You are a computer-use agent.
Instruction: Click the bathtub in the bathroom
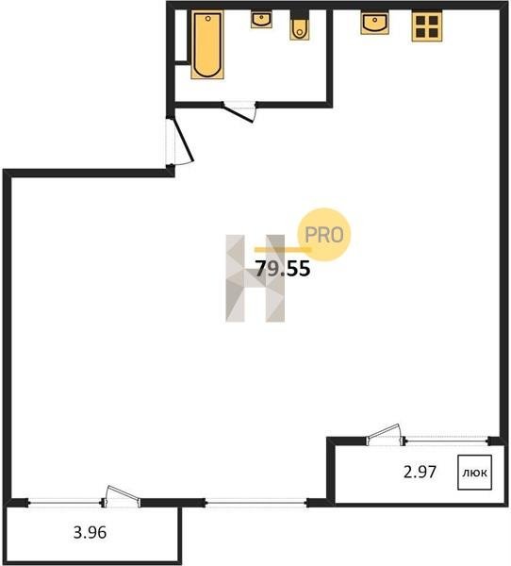point(207,44)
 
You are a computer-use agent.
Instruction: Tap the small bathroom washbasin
point(261,20)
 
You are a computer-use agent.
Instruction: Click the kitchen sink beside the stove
point(375,23)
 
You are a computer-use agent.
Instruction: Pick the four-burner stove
point(427,26)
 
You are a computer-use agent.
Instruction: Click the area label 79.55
point(283,269)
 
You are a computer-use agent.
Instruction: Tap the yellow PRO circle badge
point(324,235)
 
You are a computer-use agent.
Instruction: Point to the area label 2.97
point(420,472)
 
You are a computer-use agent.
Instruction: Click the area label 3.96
point(90,532)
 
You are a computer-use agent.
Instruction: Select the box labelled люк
point(474,473)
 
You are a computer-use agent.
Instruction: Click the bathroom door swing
point(239,112)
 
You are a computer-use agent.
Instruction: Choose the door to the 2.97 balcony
point(385,434)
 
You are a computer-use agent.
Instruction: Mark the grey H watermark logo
point(255,278)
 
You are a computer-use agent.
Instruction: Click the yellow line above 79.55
point(283,249)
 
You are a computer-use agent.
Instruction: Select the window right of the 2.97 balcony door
point(446,441)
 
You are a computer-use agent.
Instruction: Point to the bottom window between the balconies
point(255,503)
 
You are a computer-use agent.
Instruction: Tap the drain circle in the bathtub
point(207,17)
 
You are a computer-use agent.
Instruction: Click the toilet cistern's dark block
point(300,14)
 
